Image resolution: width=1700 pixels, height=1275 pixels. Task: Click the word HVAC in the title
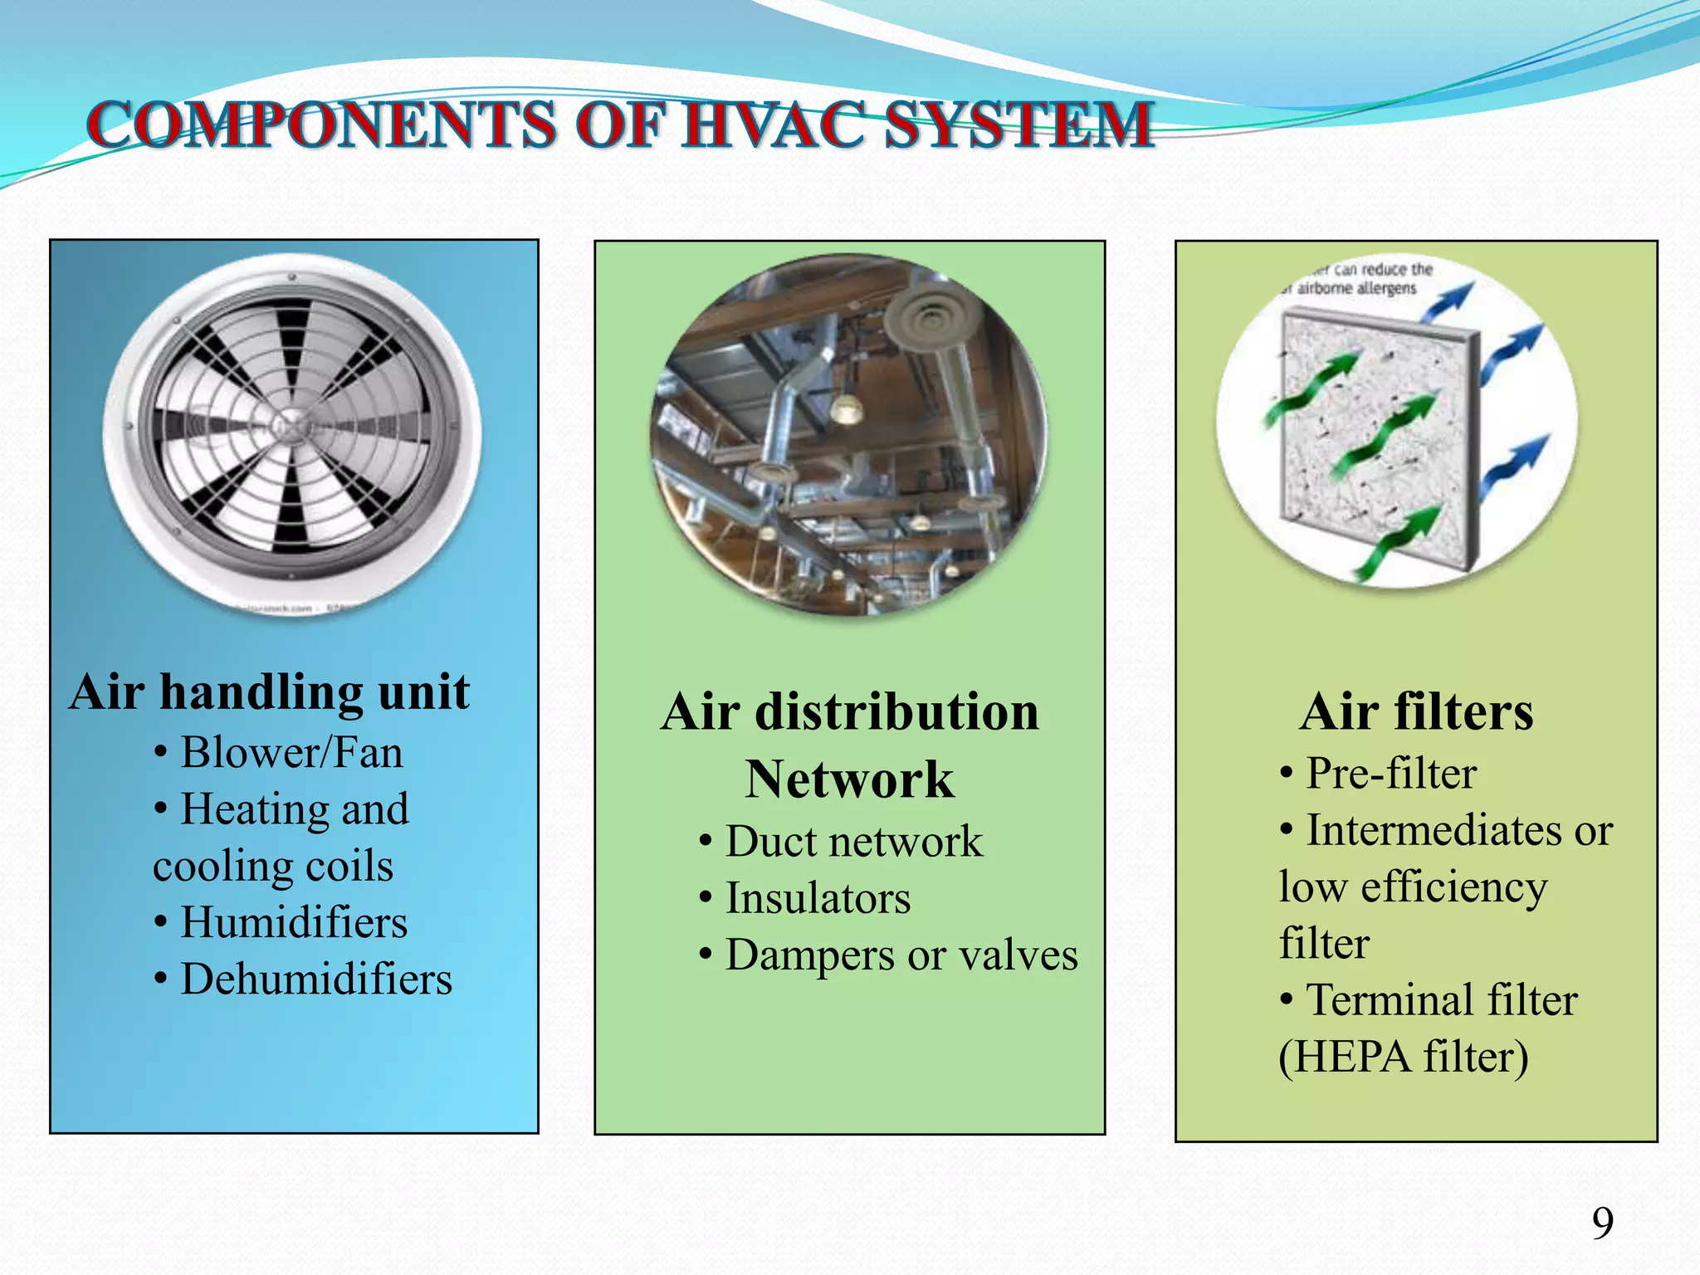pyautogui.click(x=776, y=125)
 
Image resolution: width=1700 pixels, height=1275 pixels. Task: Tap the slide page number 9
pyautogui.click(x=1602, y=1224)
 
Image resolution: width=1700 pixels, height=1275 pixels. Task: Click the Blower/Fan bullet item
pyautogui.click(x=291, y=753)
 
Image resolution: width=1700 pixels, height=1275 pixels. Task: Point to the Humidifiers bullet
pyautogui.click(x=294, y=922)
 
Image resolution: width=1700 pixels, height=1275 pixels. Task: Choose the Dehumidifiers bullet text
pyautogui.click(x=316, y=979)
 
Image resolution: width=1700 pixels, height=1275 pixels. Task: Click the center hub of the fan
pyautogui.click(x=290, y=427)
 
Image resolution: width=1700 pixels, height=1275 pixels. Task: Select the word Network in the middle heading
pyautogui.click(x=849, y=779)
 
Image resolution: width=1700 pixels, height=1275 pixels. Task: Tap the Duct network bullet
pyautogui.click(x=853, y=842)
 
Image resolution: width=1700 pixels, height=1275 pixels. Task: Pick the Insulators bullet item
pyautogui.click(x=818, y=898)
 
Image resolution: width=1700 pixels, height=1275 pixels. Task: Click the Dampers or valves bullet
pyautogui.click(x=901, y=955)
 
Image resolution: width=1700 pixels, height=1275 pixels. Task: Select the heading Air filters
pyautogui.click(x=1416, y=712)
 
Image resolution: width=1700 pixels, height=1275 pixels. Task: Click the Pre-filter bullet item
pyautogui.click(x=1391, y=774)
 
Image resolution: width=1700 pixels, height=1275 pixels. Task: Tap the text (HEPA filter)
pyautogui.click(x=1403, y=1058)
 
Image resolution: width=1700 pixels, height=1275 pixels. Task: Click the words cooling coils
pyautogui.click(x=273, y=866)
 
